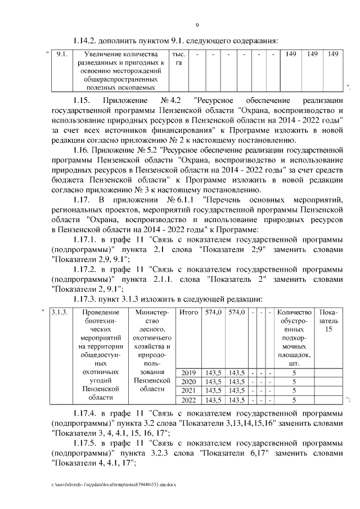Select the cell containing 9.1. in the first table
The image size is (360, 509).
tap(62, 54)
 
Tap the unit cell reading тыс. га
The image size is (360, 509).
tap(179, 58)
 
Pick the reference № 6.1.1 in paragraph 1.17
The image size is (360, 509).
tap(181, 200)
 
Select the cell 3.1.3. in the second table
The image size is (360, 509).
tap(59, 312)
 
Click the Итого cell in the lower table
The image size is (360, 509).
tap(188, 312)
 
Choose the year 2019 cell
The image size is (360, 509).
tap(188, 373)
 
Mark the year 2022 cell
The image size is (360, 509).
tap(188, 400)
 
